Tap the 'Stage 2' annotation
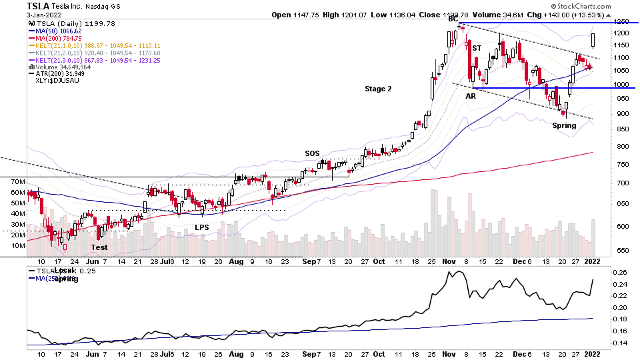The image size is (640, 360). coord(378,89)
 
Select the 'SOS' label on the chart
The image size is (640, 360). coord(313,153)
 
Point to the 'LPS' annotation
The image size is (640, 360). coord(202,227)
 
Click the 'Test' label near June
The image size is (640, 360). coord(99,247)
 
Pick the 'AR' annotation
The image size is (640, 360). coord(471,96)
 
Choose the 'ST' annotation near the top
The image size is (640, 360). coord(477,48)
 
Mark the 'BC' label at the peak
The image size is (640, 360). coord(453,19)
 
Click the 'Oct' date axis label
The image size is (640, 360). coord(379,261)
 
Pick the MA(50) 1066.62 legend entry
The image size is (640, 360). coord(55,31)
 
